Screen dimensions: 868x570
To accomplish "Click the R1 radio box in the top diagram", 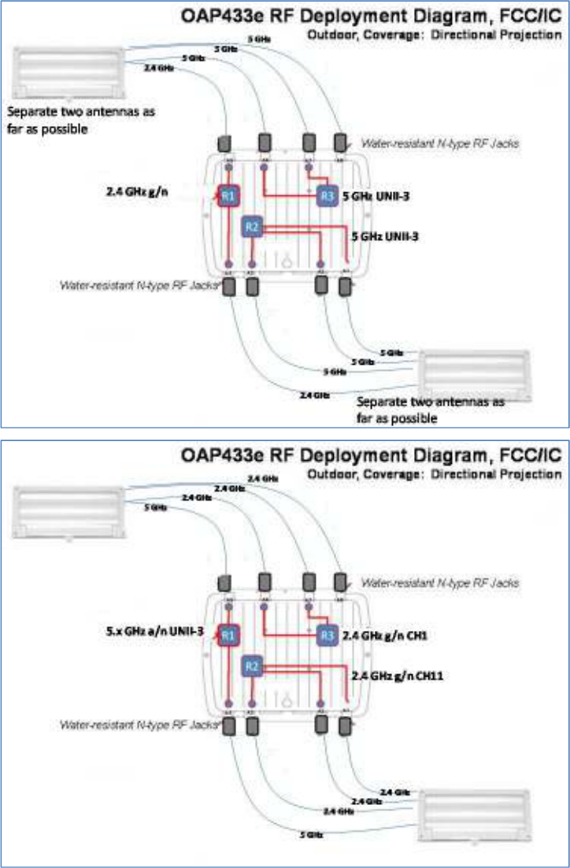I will (228, 196).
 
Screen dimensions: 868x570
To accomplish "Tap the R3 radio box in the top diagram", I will (327, 196).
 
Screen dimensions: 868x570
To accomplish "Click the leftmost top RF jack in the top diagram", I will (224, 143).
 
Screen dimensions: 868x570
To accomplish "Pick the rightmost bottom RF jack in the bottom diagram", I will (344, 726).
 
